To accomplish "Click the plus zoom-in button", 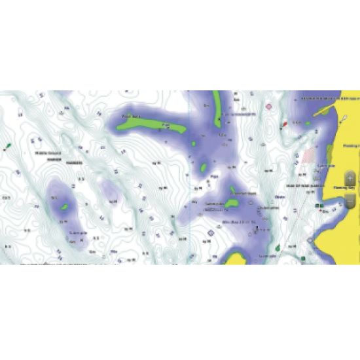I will (x=350, y=177).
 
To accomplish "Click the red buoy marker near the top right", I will (x=284, y=123).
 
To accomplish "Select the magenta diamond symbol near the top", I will (x=268, y=105).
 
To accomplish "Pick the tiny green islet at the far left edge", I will (x=7, y=145).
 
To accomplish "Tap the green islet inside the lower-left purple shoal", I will (x=63, y=208).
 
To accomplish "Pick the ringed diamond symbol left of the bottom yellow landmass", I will (x=211, y=232).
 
